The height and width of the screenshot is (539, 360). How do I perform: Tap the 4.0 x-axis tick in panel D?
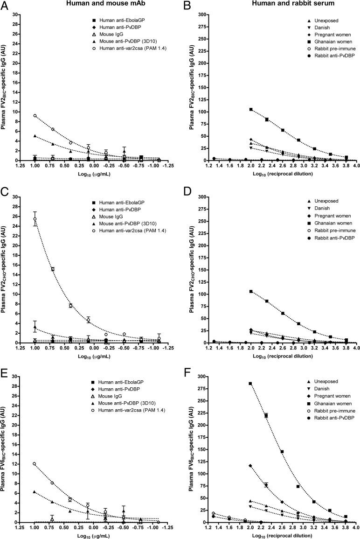(x=356, y=349)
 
